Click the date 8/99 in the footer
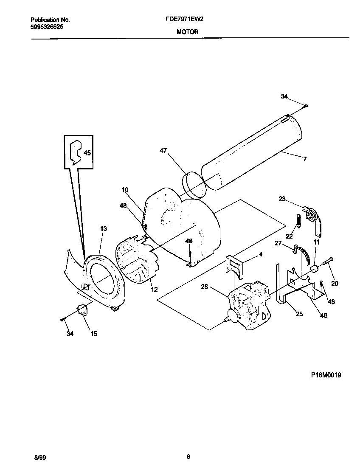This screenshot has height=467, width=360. (39, 457)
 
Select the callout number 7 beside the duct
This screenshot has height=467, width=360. (304, 159)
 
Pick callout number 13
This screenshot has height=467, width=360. (104, 229)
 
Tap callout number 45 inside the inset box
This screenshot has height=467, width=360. (87, 153)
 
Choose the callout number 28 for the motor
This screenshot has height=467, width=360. (205, 287)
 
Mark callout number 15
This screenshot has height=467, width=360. (94, 334)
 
